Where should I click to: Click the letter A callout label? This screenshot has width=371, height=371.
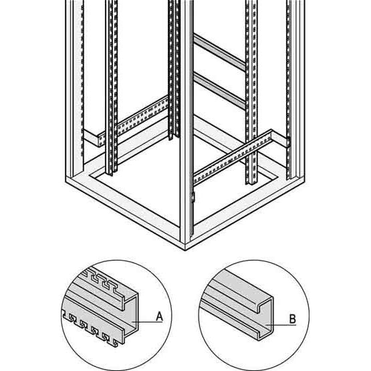[x=160, y=316]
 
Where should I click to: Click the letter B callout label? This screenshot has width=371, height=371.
[x=292, y=319]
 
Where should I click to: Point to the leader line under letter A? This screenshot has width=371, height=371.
[x=147, y=322]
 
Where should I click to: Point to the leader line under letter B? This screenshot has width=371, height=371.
[x=281, y=325]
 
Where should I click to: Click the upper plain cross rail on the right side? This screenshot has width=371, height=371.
[x=220, y=53]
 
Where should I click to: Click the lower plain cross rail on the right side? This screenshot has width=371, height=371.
[x=220, y=91]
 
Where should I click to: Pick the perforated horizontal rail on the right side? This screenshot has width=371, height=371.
[x=233, y=157]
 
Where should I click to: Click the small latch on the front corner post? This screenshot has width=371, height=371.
[x=193, y=198]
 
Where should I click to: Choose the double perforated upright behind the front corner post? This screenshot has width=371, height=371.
[x=174, y=69]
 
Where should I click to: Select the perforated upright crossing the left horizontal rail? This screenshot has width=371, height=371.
[x=112, y=88]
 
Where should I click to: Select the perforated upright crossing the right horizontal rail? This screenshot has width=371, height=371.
[x=251, y=92]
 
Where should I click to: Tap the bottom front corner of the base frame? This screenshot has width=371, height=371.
[x=185, y=250]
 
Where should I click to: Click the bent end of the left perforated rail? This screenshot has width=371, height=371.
[x=101, y=140]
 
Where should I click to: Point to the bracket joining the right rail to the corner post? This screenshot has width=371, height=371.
[x=287, y=142]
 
